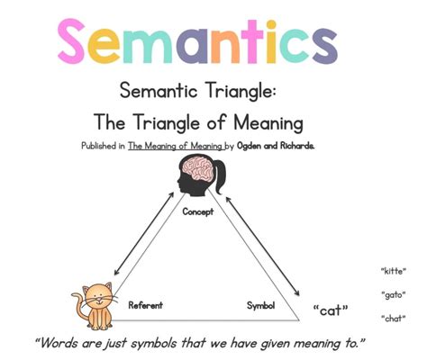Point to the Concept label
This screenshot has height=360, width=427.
[197, 212]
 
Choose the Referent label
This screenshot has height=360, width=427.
[145, 305]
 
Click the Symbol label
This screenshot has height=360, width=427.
[260, 305]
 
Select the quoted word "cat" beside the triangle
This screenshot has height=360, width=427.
[331, 311]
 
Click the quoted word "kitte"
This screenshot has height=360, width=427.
[393, 270]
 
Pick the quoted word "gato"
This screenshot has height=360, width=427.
[393, 294]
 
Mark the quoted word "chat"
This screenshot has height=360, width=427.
[393, 318]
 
